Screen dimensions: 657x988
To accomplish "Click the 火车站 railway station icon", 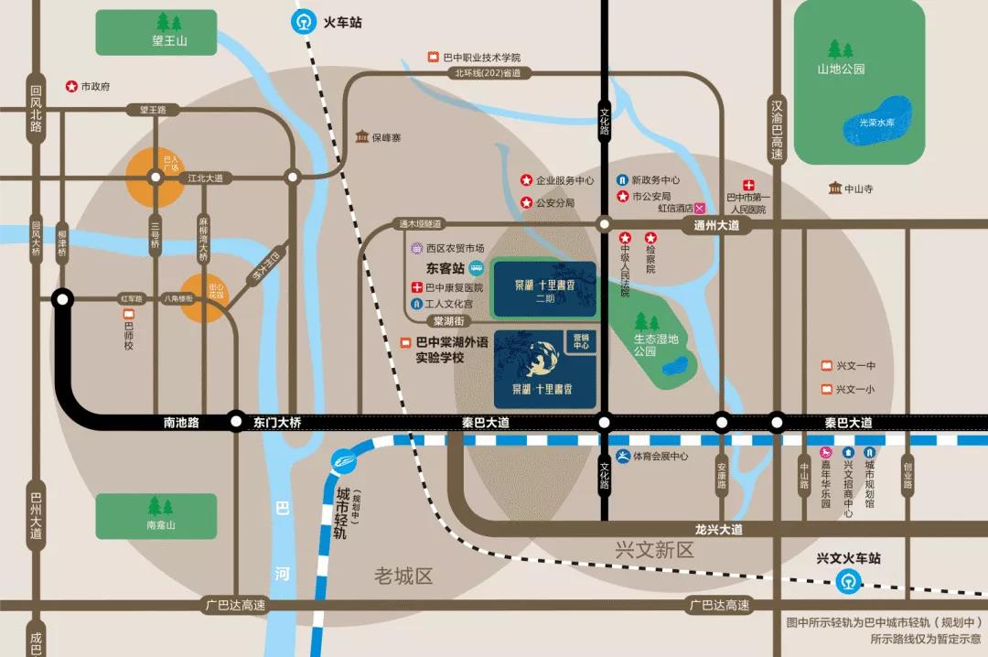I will (x=303, y=23).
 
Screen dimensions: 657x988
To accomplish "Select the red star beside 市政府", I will (x=70, y=86).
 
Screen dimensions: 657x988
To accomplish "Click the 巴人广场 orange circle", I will (x=156, y=178).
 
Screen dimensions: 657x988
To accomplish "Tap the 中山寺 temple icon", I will (x=835, y=188).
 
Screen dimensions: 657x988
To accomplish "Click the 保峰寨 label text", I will (x=385, y=138).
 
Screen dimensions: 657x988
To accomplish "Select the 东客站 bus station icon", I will (x=476, y=269).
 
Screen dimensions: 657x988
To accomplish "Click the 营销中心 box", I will (x=580, y=340).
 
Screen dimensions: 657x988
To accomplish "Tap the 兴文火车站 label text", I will (x=848, y=557).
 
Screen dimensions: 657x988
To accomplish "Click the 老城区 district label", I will (x=403, y=576).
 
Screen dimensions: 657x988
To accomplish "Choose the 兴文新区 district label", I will (x=655, y=550).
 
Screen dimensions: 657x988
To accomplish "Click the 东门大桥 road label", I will (x=276, y=423).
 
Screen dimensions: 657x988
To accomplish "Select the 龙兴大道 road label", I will (x=718, y=530).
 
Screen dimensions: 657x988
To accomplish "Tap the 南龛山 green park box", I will (x=156, y=516).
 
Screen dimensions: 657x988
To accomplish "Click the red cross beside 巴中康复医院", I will (x=416, y=287).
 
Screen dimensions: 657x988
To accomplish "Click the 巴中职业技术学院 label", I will (x=481, y=58).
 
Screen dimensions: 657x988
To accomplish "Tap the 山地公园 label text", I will (x=841, y=69).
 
